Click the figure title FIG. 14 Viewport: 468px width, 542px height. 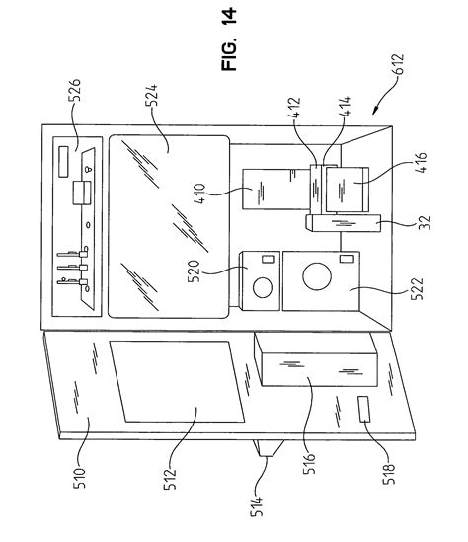coord(229,39)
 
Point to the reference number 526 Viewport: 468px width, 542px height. coord(74,90)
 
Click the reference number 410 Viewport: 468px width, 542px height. coord(199,194)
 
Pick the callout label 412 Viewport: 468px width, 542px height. coord(294,108)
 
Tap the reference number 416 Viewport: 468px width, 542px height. coord(421,163)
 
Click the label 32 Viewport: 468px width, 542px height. coord(426,222)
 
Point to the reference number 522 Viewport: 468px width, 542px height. coord(417,289)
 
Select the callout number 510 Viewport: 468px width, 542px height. coord(80,478)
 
